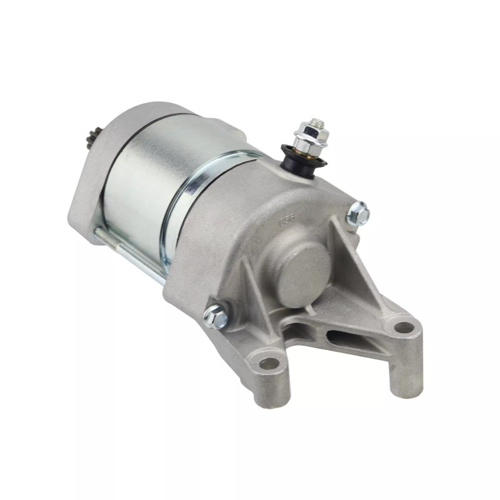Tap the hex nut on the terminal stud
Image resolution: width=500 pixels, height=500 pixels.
click(307, 132)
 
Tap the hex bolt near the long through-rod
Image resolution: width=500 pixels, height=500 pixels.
click(216, 316)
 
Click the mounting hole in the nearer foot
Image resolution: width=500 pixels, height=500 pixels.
click(269, 363)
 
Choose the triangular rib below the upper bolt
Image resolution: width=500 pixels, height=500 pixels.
click(359, 262)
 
